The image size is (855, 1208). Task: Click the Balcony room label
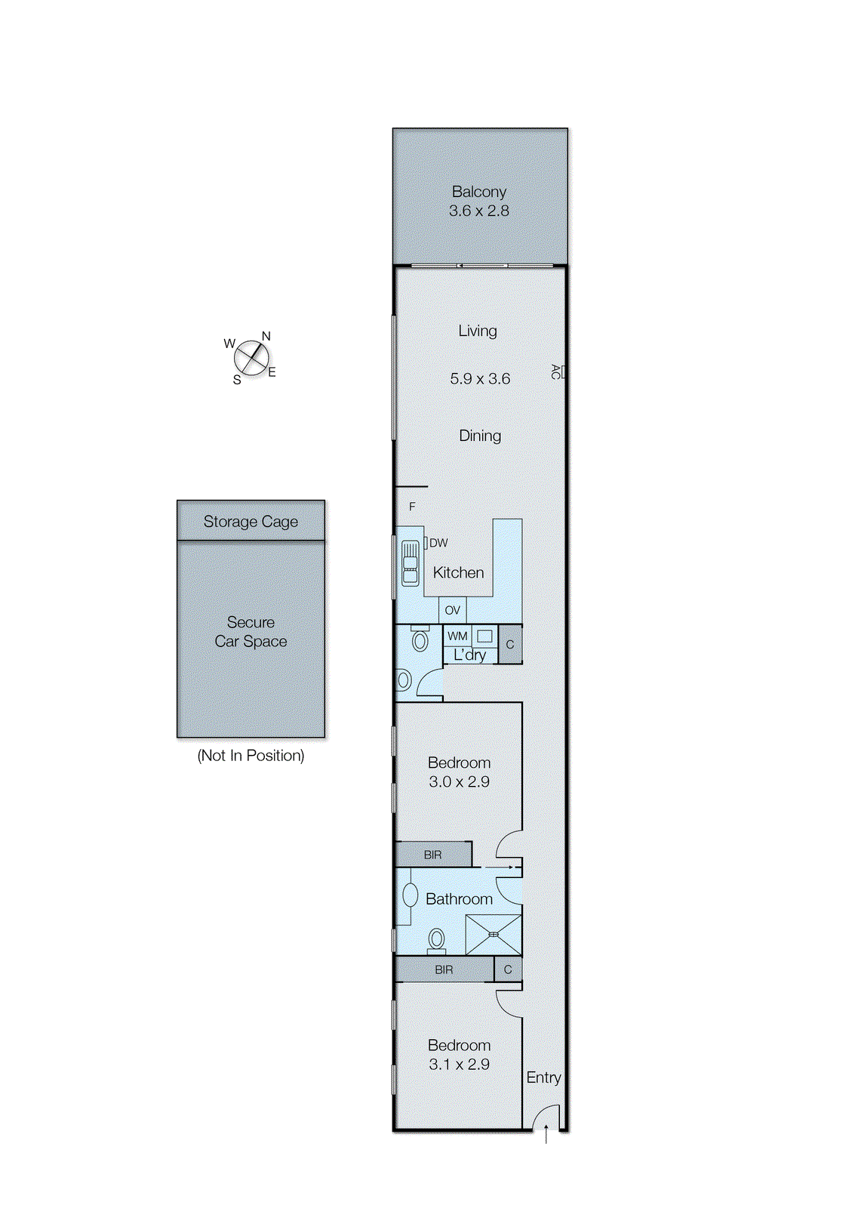point(478,192)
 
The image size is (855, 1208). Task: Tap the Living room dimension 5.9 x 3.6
point(480,378)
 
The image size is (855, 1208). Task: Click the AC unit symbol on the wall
point(561,371)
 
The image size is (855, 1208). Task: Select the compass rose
point(251,358)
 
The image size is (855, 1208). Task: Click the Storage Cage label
point(251,522)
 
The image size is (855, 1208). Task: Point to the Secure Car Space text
point(251,631)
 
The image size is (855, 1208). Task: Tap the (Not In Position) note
point(251,756)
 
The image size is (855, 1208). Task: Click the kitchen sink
point(411,563)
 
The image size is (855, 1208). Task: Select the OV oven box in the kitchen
point(452,610)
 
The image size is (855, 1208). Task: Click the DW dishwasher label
point(438,543)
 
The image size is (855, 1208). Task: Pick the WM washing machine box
point(457,636)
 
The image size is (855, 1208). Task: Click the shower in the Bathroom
point(494,935)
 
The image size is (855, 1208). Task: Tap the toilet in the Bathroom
point(436,940)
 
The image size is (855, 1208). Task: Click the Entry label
point(543,1077)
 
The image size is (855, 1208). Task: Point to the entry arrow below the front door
point(546,1133)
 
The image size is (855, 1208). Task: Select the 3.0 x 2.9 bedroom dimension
point(460,781)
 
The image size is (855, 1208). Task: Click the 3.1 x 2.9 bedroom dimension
point(460,1064)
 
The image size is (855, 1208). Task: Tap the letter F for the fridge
point(412,507)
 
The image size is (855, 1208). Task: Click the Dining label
point(480,436)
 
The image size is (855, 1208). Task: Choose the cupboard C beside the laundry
point(510,645)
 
